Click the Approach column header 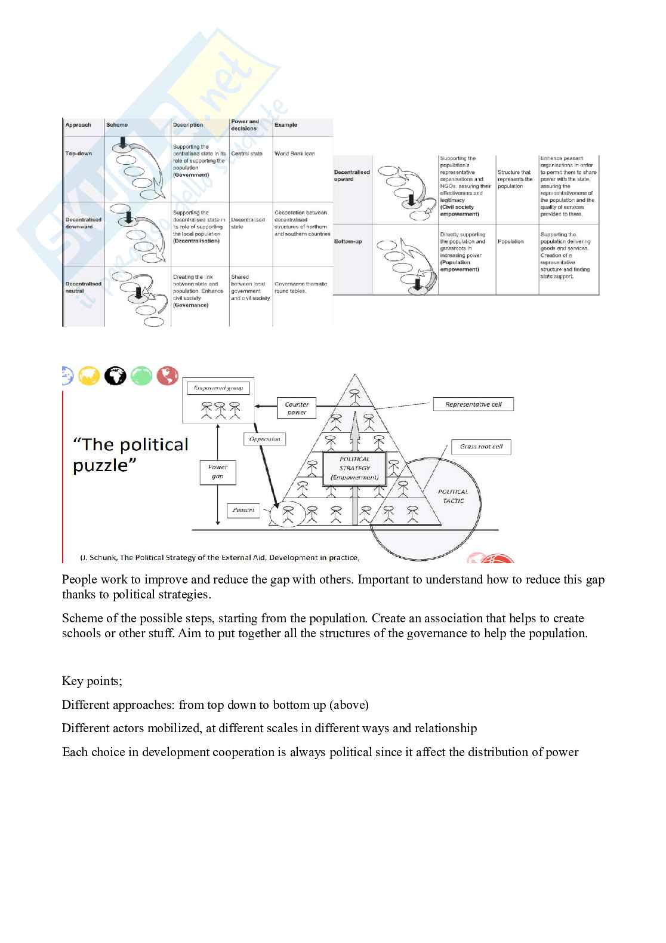pyautogui.click(x=78, y=125)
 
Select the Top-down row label pyautogui.click(x=78, y=153)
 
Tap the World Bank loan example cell pyautogui.click(x=294, y=153)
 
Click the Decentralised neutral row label pyautogui.click(x=83, y=287)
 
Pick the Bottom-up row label pyautogui.click(x=348, y=241)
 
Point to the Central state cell pyautogui.click(x=246, y=153)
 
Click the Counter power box pyautogui.click(x=297, y=408)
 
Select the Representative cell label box pyautogui.click(x=473, y=404)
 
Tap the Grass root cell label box pyautogui.click(x=481, y=446)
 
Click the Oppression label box pyautogui.click(x=264, y=439)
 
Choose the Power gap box pyautogui.click(x=217, y=471)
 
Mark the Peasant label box pyautogui.click(x=243, y=510)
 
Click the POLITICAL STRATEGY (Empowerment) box pyautogui.click(x=354, y=468)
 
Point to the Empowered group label pyautogui.click(x=218, y=388)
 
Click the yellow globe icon pyautogui.click(x=89, y=376)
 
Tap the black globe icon pyautogui.click(x=115, y=376)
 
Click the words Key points pyautogui.click(x=92, y=681)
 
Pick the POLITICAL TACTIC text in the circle pyautogui.click(x=453, y=496)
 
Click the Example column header pyautogui.click(x=286, y=125)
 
